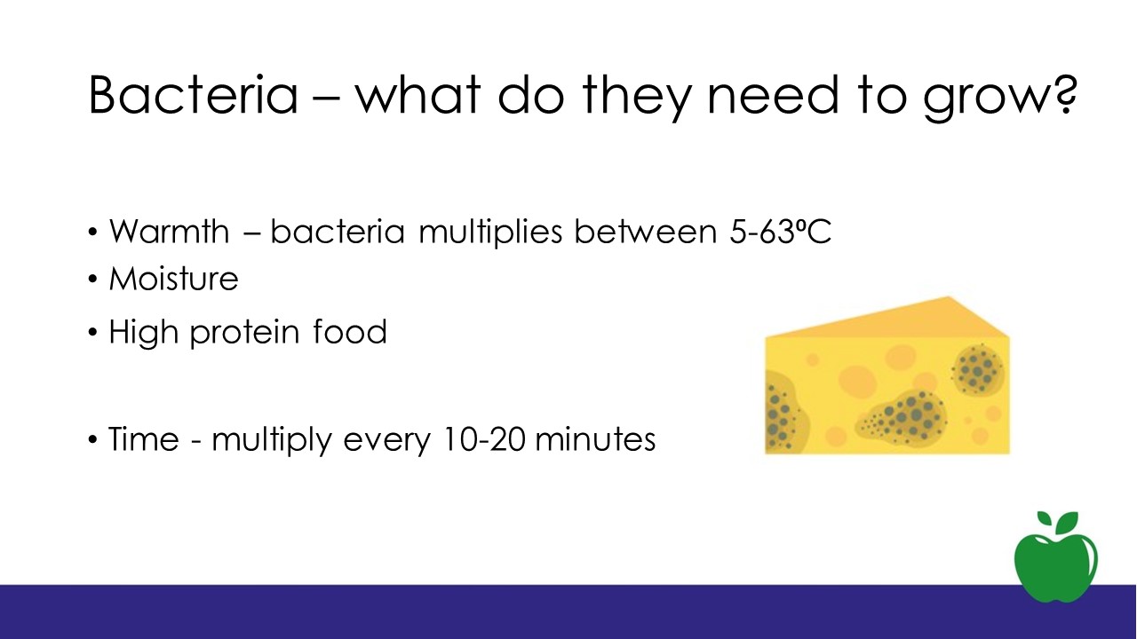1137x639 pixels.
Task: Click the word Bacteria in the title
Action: click(194, 95)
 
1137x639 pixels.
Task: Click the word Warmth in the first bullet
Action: click(170, 232)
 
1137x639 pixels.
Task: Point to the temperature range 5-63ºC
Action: click(781, 232)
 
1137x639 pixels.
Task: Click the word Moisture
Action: click(173, 279)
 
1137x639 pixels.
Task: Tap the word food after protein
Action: click(350, 331)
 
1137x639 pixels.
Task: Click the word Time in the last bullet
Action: click(144, 438)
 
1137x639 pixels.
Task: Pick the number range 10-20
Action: click(484, 438)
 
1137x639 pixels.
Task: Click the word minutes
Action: click(595, 438)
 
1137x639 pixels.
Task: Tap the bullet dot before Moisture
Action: click(92, 279)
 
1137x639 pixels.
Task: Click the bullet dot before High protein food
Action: click(92, 332)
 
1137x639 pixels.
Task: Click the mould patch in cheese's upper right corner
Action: click(978, 368)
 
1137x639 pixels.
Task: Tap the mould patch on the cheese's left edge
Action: click(784, 412)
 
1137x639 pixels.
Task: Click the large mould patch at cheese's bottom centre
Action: click(902, 416)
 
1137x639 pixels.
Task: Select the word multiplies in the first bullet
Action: click(490, 232)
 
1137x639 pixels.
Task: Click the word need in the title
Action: click(773, 95)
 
